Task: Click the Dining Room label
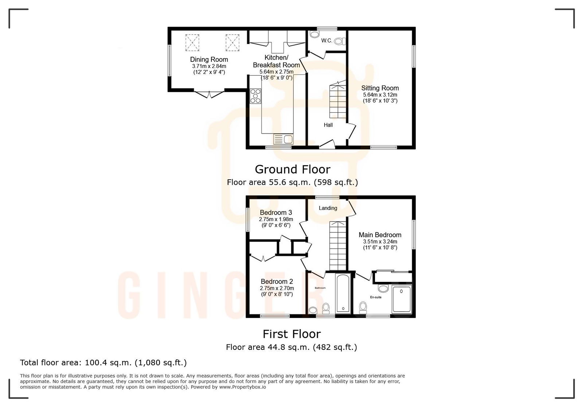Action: (209, 59)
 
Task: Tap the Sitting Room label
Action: (380, 88)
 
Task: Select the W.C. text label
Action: (326, 40)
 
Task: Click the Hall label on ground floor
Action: (328, 125)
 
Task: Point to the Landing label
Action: (328, 208)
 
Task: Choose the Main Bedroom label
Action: (380, 235)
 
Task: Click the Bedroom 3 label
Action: (275, 212)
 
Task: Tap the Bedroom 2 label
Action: (277, 282)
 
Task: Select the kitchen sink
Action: (283, 139)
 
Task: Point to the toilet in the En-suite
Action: (363, 308)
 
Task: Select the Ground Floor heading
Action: (292, 169)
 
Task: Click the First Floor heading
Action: (291, 334)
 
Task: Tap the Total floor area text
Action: (103, 363)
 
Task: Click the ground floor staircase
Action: (338, 100)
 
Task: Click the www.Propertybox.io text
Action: (242, 387)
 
